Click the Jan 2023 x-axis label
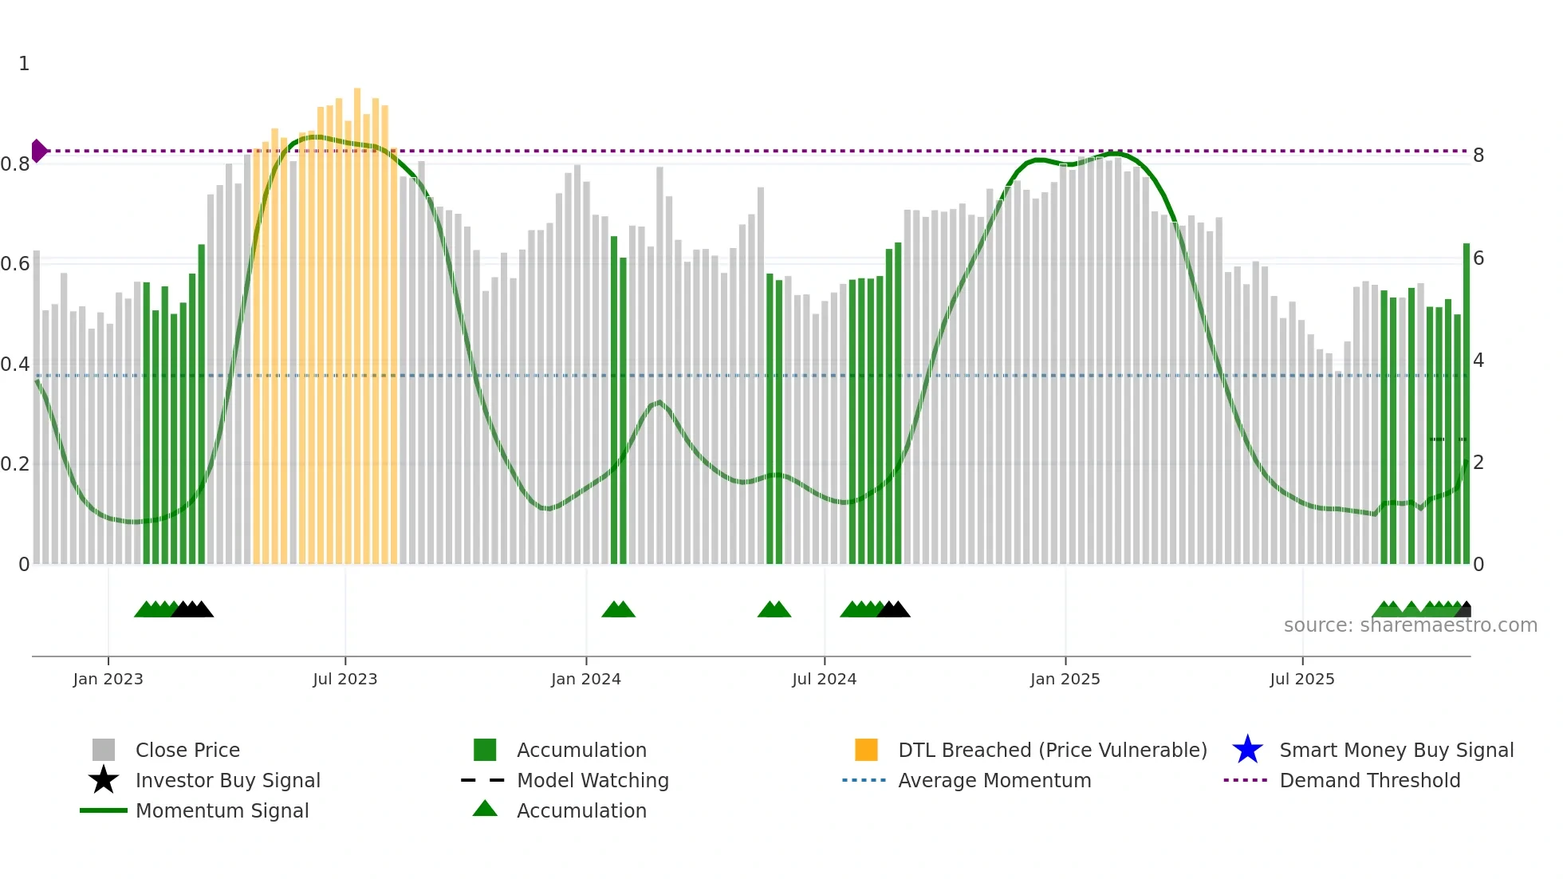coord(108,679)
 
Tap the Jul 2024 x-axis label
coord(824,679)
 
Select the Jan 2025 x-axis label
coord(1065,679)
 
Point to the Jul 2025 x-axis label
coord(1301,679)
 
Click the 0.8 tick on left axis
coord(15,164)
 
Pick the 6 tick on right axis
coord(1478,258)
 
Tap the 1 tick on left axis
coord(24,64)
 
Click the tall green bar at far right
coord(1466,399)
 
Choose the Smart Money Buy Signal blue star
coord(1247,750)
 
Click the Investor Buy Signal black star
coord(104,780)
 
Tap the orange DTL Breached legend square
coord(866,750)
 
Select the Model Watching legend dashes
coord(483,780)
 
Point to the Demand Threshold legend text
coord(1369,780)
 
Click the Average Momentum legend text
coord(994,780)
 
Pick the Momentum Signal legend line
coord(104,810)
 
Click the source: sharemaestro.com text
coord(1410,625)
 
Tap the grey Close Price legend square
coord(104,750)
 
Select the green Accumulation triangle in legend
coord(485,809)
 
